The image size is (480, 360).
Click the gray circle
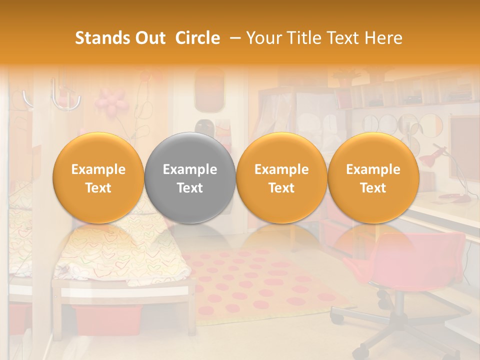pyautogui.click(x=190, y=178)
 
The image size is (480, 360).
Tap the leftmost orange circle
pyautogui.click(x=98, y=178)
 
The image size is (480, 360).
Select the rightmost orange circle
pyautogui.click(x=373, y=178)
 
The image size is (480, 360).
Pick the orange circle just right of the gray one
pyautogui.click(x=281, y=178)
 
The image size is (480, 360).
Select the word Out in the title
pyautogui.click(x=149, y=38)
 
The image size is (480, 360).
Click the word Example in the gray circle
pyautogui.click(x=190, y=169)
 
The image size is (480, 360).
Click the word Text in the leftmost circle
pyautogui.click(x=98, y=188)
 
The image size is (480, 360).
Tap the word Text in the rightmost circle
pyautogui.click(x=373, y=188)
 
